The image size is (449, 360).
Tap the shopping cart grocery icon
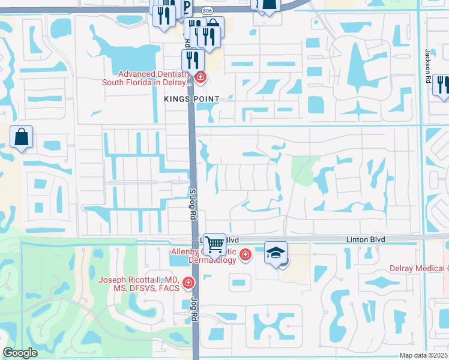point(214,245)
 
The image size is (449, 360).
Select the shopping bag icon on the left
point(22,137)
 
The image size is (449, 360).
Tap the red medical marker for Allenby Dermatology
point(245,256)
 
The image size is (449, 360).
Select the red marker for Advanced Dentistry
point(199,77)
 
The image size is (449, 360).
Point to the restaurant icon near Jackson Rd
point(442,85)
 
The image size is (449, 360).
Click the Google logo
point(20,353)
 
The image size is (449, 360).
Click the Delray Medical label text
point(418,268)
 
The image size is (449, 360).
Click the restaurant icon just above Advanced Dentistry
point(192,59)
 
